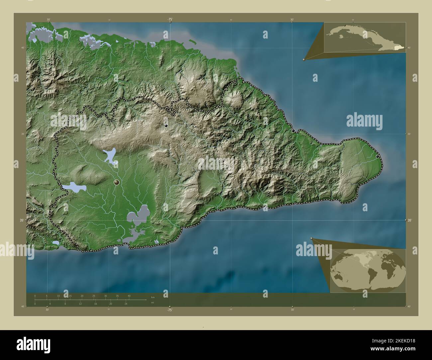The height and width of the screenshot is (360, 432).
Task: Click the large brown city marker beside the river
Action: tap(117, 182)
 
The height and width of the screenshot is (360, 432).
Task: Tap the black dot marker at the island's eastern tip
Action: tap(377, 156)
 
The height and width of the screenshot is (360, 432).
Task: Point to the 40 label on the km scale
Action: tap(129, 296)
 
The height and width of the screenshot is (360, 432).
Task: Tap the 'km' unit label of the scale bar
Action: tap(153, 297)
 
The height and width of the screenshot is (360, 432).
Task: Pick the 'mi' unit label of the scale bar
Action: tap(152, 303)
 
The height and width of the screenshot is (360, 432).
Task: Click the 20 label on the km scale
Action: tap(82, 296)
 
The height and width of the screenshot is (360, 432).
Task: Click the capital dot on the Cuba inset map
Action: tap(345, 26)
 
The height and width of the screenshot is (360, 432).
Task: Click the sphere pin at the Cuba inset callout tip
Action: tap(304, 59)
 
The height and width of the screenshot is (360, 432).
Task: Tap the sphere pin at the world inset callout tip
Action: tap(311, 238)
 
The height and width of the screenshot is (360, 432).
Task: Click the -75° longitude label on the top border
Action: tap(170, 20)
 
